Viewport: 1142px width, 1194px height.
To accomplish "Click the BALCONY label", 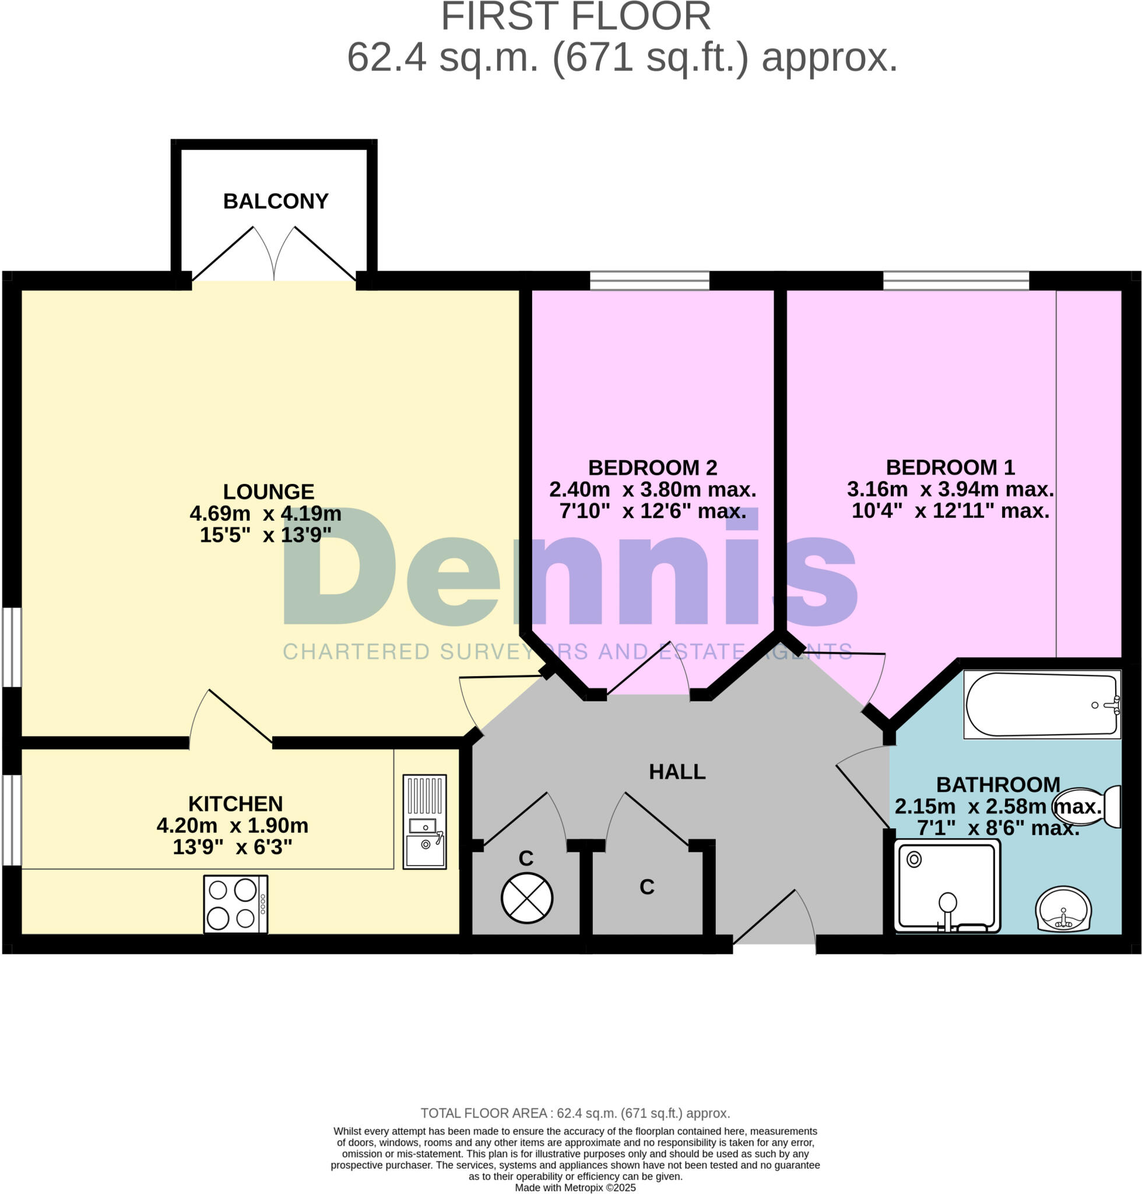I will coord(276,201).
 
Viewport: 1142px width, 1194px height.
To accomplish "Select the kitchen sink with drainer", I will coord(424,821).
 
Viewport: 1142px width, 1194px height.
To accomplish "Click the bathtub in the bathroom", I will coord(1042,704).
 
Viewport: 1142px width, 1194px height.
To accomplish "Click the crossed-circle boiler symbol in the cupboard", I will coord(526,898).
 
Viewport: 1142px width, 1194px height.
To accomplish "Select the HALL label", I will coord(677,772).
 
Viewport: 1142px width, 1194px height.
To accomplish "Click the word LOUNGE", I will coord(269,491).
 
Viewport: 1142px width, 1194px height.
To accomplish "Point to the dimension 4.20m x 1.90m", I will coord(233,826).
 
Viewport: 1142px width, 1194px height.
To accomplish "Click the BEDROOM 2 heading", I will coord(652,468).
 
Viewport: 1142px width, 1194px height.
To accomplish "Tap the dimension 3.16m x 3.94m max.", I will coord(950,489).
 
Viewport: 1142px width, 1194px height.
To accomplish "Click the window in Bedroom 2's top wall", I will coord(649,280).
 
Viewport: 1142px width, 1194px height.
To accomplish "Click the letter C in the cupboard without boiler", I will coord(646,887).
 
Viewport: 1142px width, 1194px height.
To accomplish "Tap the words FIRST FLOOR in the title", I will coord(576,16).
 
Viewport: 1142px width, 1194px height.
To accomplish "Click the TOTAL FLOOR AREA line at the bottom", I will coord(575,1114).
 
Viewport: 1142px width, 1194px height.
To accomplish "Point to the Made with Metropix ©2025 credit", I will coord(575,1188).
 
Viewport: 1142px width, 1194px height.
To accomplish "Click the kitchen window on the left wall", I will coord(12,820).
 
